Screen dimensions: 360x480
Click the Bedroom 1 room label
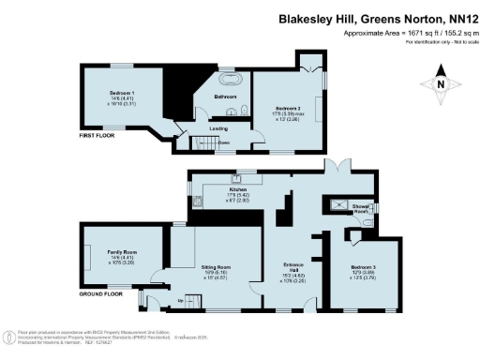119,94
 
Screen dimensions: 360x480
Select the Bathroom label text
225,97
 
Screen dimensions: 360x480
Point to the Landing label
218,127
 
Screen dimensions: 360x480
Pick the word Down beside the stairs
224,142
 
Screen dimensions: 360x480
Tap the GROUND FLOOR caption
101,293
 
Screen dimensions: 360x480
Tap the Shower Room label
360,208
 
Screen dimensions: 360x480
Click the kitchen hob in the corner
200,201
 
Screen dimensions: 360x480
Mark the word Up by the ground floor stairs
181,300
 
